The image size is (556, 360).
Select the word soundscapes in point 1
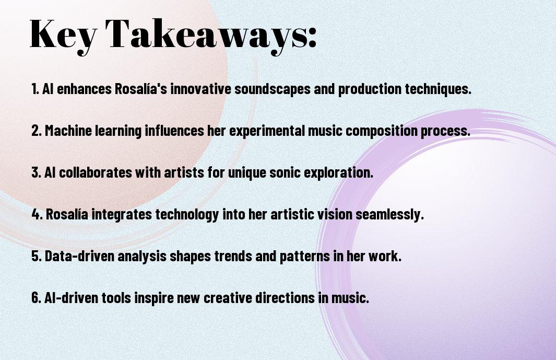(273, 89)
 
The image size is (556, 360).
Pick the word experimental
(267, 131)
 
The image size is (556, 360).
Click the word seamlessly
(389, 215)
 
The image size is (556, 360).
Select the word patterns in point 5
(305, 257)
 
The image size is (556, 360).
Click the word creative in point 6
(228, 298)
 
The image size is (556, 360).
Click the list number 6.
(36, 298)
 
